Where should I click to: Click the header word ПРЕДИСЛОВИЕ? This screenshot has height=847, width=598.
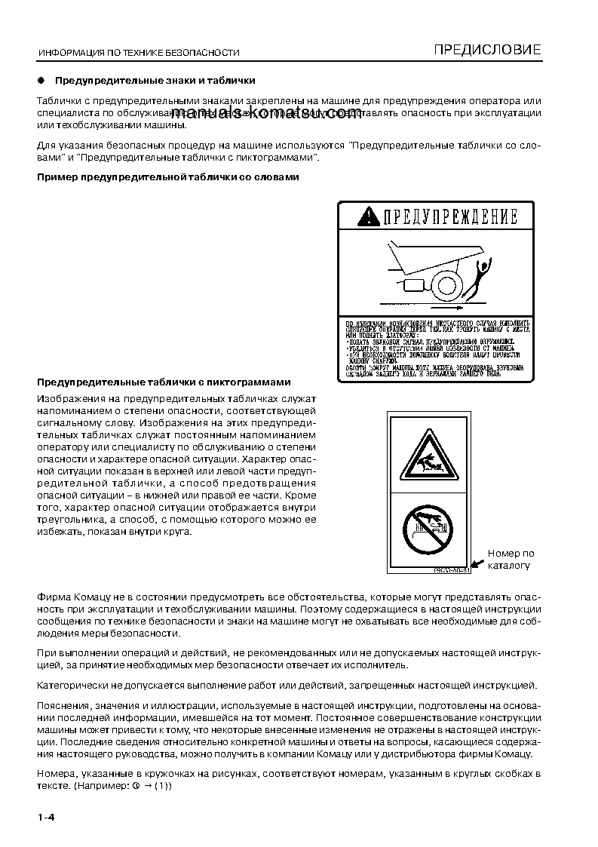(x=487, y=51)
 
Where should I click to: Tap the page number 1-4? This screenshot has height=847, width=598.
(x=47, y=818)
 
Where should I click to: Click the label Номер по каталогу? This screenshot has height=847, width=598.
(x=511, y=559)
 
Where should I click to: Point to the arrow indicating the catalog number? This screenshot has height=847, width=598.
(x=477, y=563)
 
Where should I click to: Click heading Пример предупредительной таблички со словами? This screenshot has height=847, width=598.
(x=168, y=177)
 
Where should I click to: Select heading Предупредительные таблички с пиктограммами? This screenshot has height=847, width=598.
(x=164, y=382)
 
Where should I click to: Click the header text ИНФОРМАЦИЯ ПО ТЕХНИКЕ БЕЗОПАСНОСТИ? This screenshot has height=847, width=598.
(x=139, y=53)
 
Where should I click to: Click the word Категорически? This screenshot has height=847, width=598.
(x=73, y=685)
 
